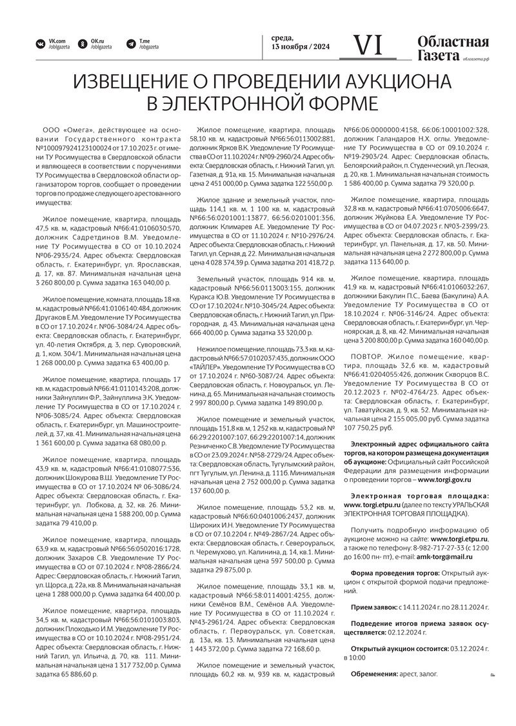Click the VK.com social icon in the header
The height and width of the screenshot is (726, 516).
coord(40,45)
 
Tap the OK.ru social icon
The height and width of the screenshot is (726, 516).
coord(83,45)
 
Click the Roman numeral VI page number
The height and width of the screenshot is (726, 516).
coord(370,45)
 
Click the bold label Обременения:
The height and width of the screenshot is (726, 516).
coord(374,674)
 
